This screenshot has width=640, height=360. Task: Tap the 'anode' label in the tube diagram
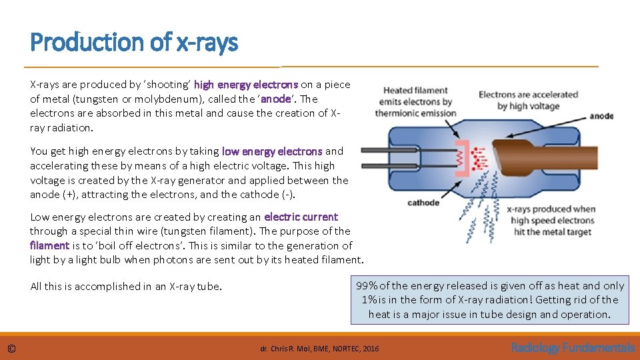click(x=601, y=116)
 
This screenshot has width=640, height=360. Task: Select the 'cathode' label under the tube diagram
click(x=423, y=203)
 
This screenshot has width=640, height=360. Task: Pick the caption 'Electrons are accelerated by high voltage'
click(x=527, y=101)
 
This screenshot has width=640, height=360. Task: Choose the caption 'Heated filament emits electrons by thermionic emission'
click(x=415, y=102)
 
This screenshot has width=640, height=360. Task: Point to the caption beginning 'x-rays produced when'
click(x=551, y=221)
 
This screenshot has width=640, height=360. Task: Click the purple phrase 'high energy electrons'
click(x=246, y=85)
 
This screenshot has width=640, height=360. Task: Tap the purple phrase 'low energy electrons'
click(x=272, y=151)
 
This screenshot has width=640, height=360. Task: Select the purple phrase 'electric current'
click(x=301, y=217)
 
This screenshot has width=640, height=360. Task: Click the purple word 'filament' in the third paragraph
click(x=49, y=245)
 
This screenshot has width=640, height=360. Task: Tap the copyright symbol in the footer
click(x=12, y=348)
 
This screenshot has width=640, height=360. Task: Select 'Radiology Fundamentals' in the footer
click(x=572, y=347)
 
